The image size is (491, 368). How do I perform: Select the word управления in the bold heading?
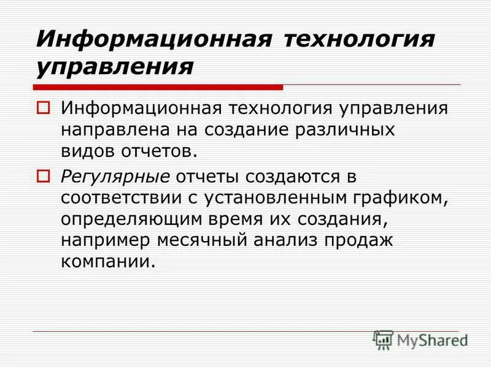114,65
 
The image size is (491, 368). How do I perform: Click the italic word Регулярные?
115,177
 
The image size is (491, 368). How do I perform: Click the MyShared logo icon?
383,339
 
